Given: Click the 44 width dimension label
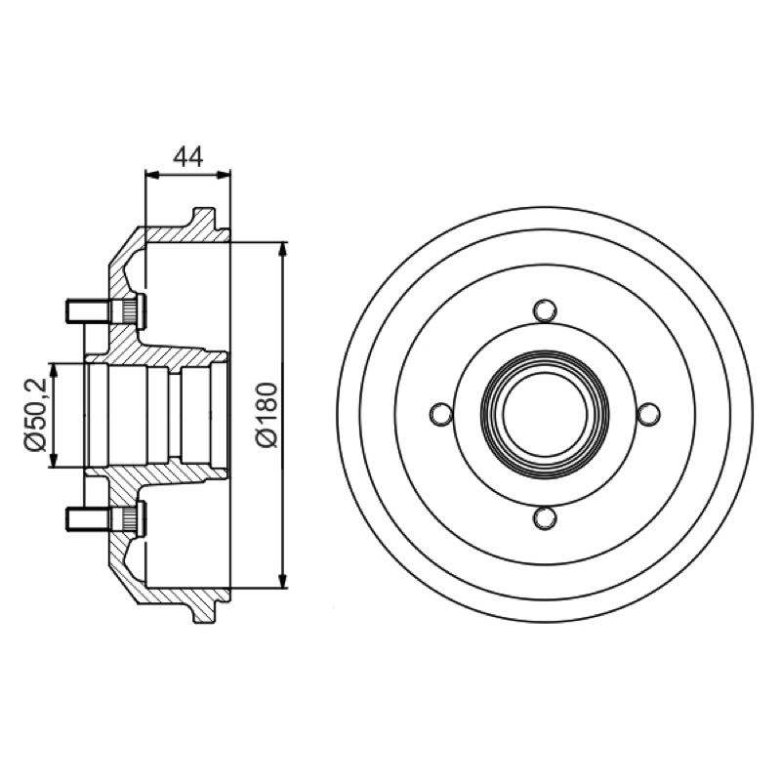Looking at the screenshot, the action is coord(188,157).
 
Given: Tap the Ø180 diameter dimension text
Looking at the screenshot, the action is coord(267,415).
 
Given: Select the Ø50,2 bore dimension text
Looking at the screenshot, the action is coord(36,415).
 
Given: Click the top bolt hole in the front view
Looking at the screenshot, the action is coord(545,310).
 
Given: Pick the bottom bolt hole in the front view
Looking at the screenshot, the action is coord(545,518).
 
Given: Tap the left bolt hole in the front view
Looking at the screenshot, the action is coord(441,414).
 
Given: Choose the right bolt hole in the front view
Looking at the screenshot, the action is coord(648,414).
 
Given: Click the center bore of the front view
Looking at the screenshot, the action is coord(545,414).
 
